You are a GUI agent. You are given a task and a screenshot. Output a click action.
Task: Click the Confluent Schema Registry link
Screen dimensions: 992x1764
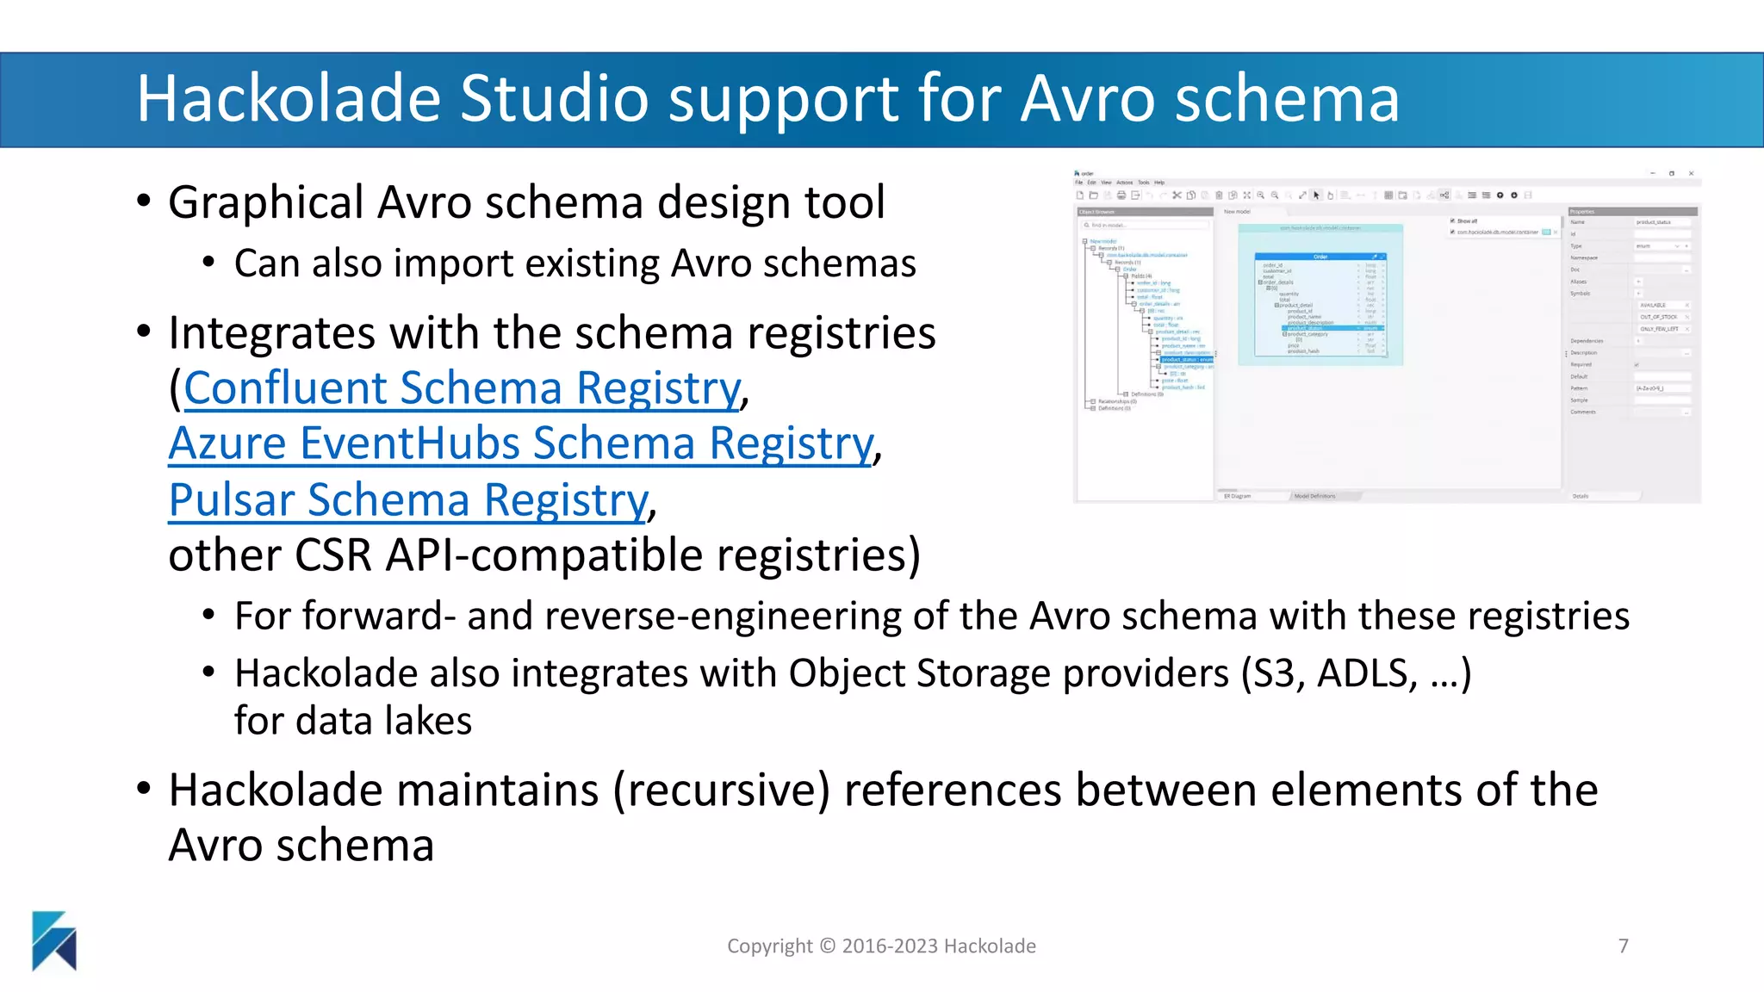tap(462, 388)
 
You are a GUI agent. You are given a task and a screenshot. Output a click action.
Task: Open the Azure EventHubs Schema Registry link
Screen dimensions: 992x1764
tap(520, 444)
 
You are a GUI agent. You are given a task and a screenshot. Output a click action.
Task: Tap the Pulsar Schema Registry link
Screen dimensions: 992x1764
tap(407, 500)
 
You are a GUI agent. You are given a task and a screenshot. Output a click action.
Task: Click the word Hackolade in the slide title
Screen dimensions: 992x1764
tap(288, 98)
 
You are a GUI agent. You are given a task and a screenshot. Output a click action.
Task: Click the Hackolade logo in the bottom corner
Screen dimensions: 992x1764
tap(54, 940)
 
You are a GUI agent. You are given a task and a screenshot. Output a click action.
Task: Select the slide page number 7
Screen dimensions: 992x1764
tap(1623, 946)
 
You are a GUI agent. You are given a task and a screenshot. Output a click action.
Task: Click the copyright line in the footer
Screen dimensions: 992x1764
tap(881, 946)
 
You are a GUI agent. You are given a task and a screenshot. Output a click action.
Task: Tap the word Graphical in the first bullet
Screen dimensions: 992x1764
tap(265, 203)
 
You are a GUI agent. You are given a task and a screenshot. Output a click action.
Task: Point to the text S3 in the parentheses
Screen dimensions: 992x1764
tap(1274, 673)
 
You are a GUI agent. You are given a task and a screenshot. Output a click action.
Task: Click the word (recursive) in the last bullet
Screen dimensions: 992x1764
tap(722, 790)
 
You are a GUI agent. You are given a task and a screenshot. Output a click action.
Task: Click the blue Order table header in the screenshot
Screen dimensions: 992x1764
tap(1320, 257)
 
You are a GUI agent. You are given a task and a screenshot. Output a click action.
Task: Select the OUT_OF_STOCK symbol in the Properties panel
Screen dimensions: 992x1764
tap(1658, 317)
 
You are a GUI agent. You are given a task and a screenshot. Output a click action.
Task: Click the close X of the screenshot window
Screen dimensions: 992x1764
tap(1691, 174)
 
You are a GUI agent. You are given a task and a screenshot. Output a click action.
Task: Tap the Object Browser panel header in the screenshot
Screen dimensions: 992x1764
tap(1097, 212)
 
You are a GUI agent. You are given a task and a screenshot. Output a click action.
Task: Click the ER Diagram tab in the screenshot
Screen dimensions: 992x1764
tap(1238, 496)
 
